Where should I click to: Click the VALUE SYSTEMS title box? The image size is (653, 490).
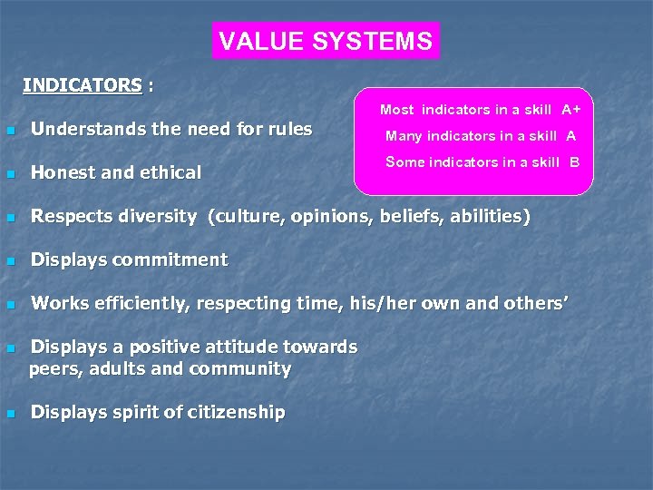[x=326, y=41]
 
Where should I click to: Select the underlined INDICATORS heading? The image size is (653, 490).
[x=83, y=86]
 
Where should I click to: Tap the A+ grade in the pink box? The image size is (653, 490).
[x=570, y=110]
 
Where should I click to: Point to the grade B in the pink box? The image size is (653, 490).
[x=574, y=162]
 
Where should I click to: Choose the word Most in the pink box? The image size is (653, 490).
[x=396, y=110]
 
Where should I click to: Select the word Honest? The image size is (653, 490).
[x=62, y=172]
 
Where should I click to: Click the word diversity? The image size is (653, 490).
[x=160, y=216]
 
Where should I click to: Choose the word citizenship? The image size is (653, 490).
[x=234, y=412]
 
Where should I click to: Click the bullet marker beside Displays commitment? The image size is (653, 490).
[x=10, y=261]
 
